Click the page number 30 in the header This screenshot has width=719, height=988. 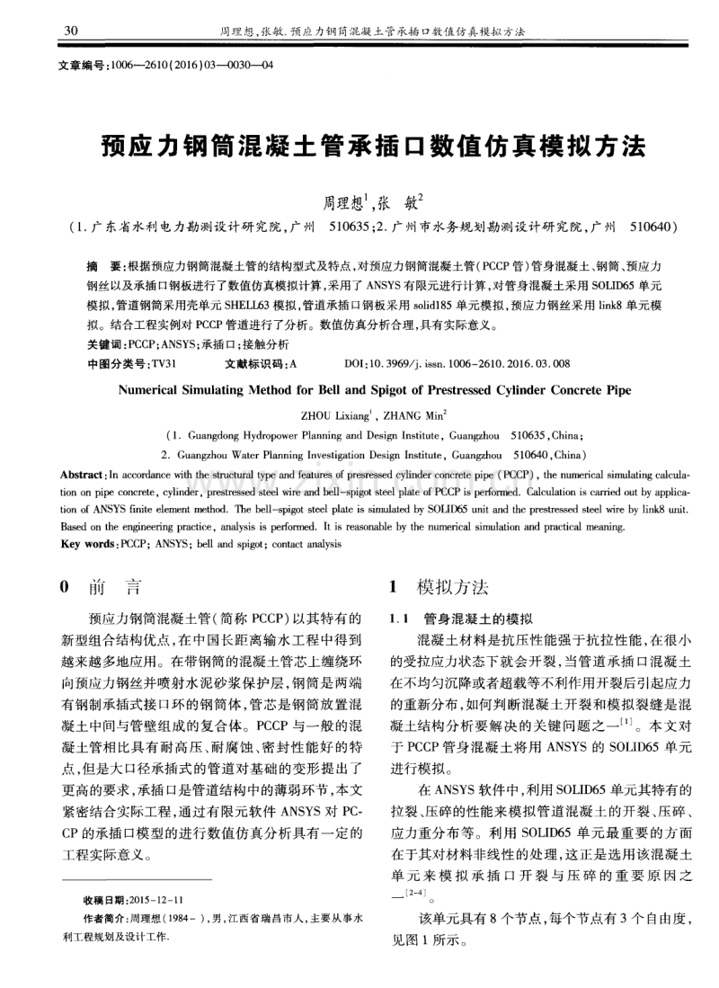(71, 32)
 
